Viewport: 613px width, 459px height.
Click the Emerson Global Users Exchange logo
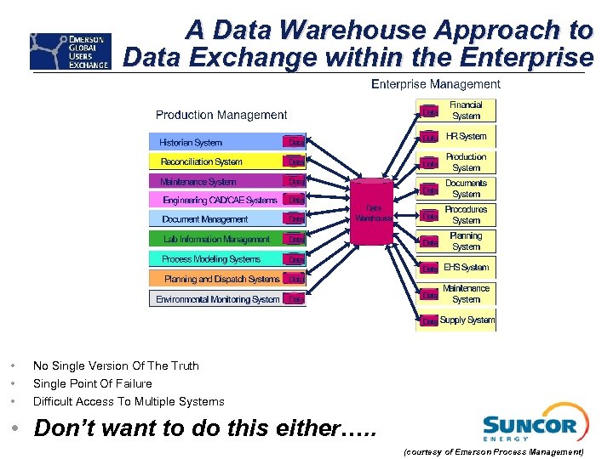70,51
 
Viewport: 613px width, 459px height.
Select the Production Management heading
221,115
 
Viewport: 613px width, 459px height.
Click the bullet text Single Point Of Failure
93,383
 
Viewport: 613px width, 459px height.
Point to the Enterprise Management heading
436,84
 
